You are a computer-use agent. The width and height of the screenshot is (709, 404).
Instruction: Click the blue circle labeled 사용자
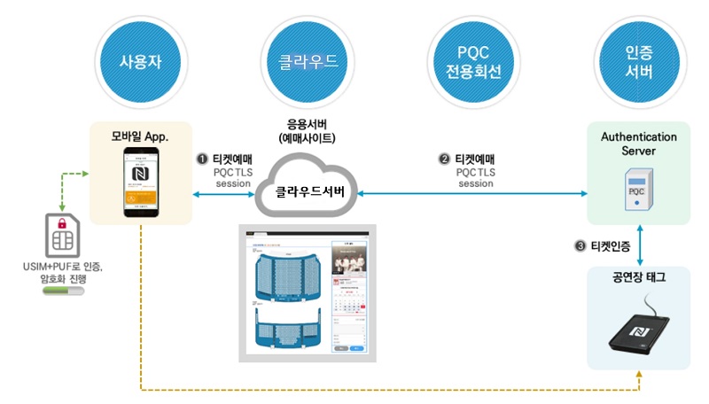point(142,63)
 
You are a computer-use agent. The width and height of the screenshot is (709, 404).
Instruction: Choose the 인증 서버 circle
point(637,63)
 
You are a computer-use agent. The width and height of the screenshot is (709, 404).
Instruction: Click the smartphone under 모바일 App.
point(143,183)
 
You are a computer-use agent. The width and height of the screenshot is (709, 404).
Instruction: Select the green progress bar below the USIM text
point(64,289)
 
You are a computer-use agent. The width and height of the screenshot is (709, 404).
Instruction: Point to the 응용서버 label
point(305,126)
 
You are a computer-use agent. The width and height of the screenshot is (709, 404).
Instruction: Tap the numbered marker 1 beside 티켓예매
point(201,159)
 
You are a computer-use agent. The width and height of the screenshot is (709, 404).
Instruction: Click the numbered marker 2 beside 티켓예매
point(445,159)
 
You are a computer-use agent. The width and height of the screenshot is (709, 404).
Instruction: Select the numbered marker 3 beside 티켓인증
point(579,245)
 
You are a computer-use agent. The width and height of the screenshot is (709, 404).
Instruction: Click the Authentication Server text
point(638,144)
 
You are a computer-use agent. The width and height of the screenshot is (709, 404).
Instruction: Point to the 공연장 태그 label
point(638,277)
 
